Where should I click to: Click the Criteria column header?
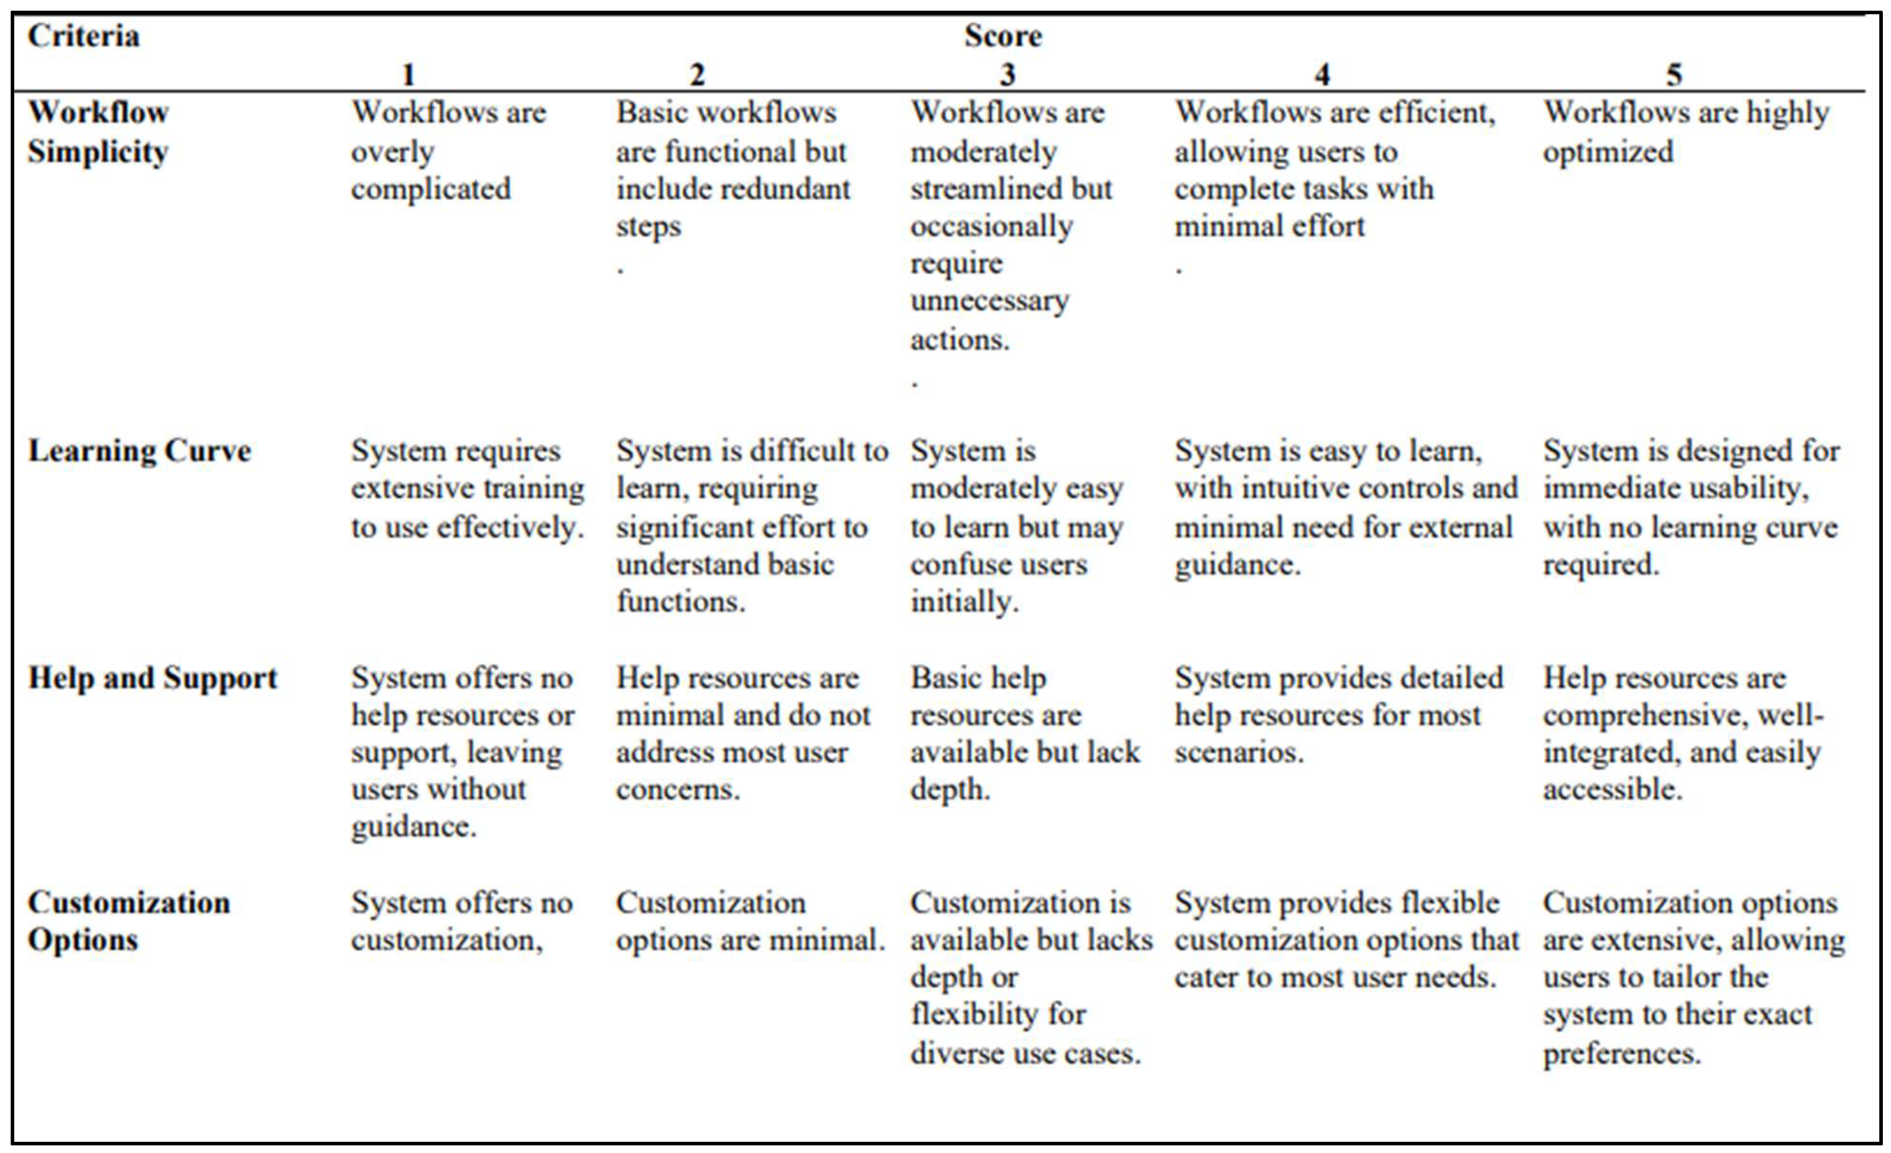click(x=83, y=36)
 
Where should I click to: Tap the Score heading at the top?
click(x=1003, y=36)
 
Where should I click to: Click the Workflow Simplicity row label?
click(x=98, y=132)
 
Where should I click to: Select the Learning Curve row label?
click(x=139, y=451)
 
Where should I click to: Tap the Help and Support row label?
click(x=152, y=678)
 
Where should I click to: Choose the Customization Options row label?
click(x=128, y=921)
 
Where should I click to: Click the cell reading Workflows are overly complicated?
click(x=448, y=151)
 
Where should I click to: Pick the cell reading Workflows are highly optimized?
click(x=1685, y=132)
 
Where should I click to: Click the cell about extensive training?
click(x=467, y=489)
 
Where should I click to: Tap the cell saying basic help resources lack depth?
click(x=1024, y=733)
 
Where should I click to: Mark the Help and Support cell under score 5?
click(x=1682, y=733)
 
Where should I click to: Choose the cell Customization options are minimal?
click(x=750, y=921)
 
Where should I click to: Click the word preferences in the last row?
click(x=1621, y=1053)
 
